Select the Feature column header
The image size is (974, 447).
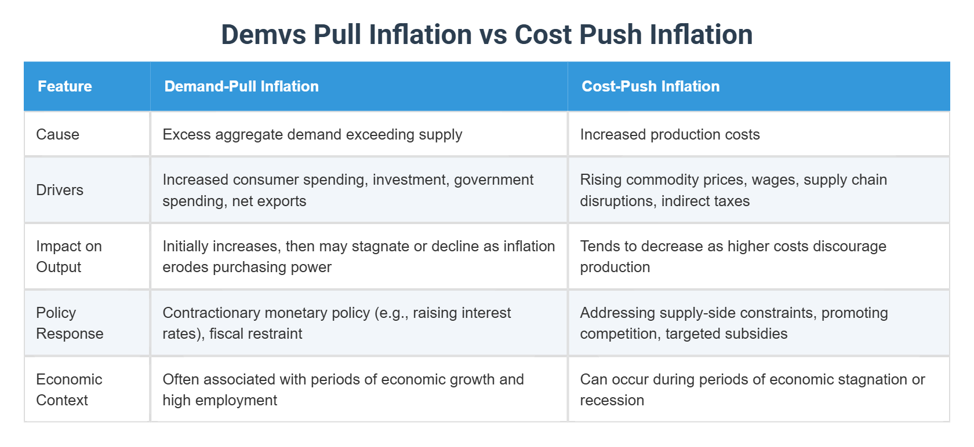pyautogui.click(x=65, y=86)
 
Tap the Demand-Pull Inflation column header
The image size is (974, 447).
pyautogui.click(x=241, y=86)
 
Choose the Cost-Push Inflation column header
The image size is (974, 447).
pyautogui.click(x=650, y=86)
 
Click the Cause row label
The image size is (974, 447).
pyautogui.click(x=57, y=134)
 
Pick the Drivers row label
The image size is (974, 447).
pyautogui.click(x=60, y=190)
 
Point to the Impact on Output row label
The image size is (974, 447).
pyautogui.click(x=68, y=257)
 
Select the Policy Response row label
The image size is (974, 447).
pyautogui.click(x=70, y=323)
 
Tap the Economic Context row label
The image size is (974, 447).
pyautogui.click(x=69, y=390)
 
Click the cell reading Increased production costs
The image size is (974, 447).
pyautogui.click(x=670, y=134)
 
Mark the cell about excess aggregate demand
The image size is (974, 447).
pyautogui.click(x=312, y=134)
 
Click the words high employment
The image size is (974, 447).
pyautogui.click(x=220, y=400)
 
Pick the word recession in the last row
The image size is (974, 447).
pyautogui.click(x=612, y=400)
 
